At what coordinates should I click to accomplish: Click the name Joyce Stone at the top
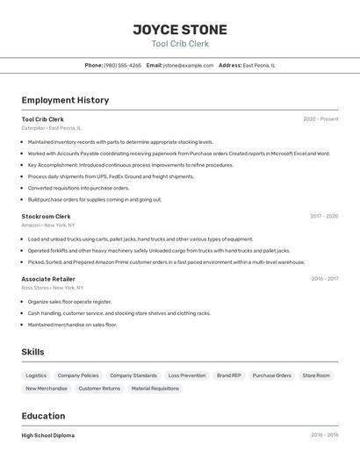[x=180, y=29]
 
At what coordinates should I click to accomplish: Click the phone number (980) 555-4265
[x=122, y=65]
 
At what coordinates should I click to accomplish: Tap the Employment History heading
[x=65, y=100]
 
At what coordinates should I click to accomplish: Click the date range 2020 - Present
[x=320, y=119]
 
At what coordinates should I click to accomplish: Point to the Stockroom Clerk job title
[x=46, y=216]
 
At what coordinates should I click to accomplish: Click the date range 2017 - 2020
[x=324, y=216]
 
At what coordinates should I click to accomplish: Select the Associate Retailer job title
[x=48, y=279]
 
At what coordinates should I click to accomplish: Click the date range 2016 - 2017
[x=325, y=279]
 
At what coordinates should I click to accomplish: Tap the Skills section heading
[x=33, y=352]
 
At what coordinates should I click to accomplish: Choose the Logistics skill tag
[x=36, y=376]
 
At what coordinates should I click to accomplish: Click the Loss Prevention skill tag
[x=186, y=376]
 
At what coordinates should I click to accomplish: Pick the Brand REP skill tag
[x=229, y=376]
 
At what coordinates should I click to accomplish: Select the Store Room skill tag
[x=316, y=376]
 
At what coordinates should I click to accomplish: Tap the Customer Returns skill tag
[x=99, y=388]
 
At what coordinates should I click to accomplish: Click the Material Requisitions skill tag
[x=155, y=388]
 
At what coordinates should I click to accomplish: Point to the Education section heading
[x=43, y=416]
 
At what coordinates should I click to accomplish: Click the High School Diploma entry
[x=47, y=435]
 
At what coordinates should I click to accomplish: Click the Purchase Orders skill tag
[x=271, y=376]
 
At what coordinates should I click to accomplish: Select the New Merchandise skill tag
[x=47, y=388]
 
